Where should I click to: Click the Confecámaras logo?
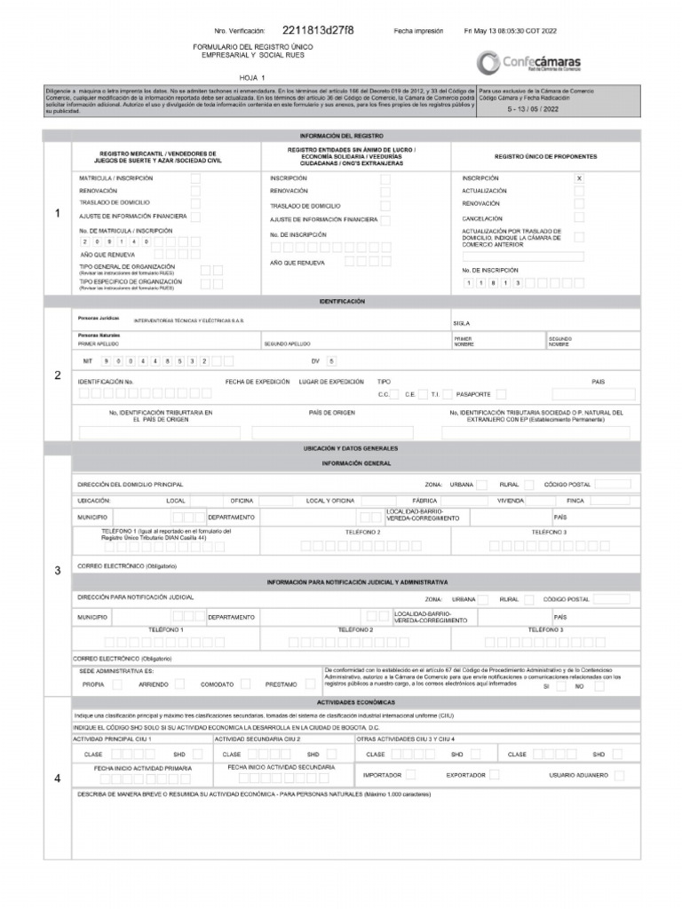click(x=528, y=62)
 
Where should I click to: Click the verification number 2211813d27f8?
click(x=317, y=30)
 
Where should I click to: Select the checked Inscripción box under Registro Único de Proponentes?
click(x=579, y=178)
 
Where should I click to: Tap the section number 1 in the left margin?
click(x=58, y=213)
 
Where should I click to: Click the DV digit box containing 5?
click(x=332, y=361)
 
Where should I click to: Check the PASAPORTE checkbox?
click(x=502, y=394)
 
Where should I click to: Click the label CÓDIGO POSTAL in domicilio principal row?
click(x=567, y=485)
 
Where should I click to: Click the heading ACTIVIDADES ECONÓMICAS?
click(x=356, y=701)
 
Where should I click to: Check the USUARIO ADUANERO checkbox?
click(x=618, y=775)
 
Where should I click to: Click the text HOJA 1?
click(x=252, y=78)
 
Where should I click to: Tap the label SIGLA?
click(x=462, y=324)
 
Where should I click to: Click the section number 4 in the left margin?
click(x=58, y=779)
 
